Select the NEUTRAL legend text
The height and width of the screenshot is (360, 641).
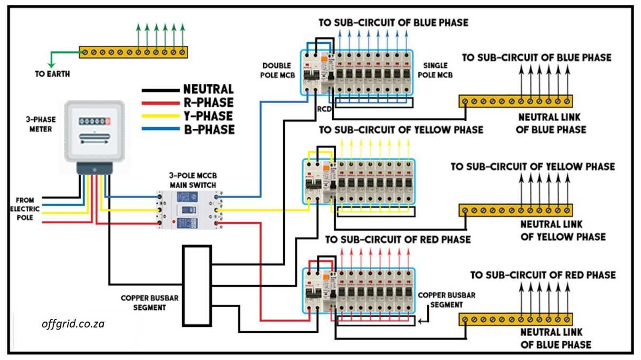point(208,90)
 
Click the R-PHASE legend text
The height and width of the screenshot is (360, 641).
point(208,103)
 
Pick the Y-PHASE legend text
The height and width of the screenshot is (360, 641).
point(208,116)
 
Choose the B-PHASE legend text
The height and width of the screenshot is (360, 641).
point(208,129)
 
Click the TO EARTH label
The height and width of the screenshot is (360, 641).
point(52,74)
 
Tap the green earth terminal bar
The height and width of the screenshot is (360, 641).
point(134,52)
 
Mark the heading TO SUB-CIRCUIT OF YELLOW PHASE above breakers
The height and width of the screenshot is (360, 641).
point(401,130)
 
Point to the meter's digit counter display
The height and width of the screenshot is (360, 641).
point(93,121)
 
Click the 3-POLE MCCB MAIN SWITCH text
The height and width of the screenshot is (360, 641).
point(193,181)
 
